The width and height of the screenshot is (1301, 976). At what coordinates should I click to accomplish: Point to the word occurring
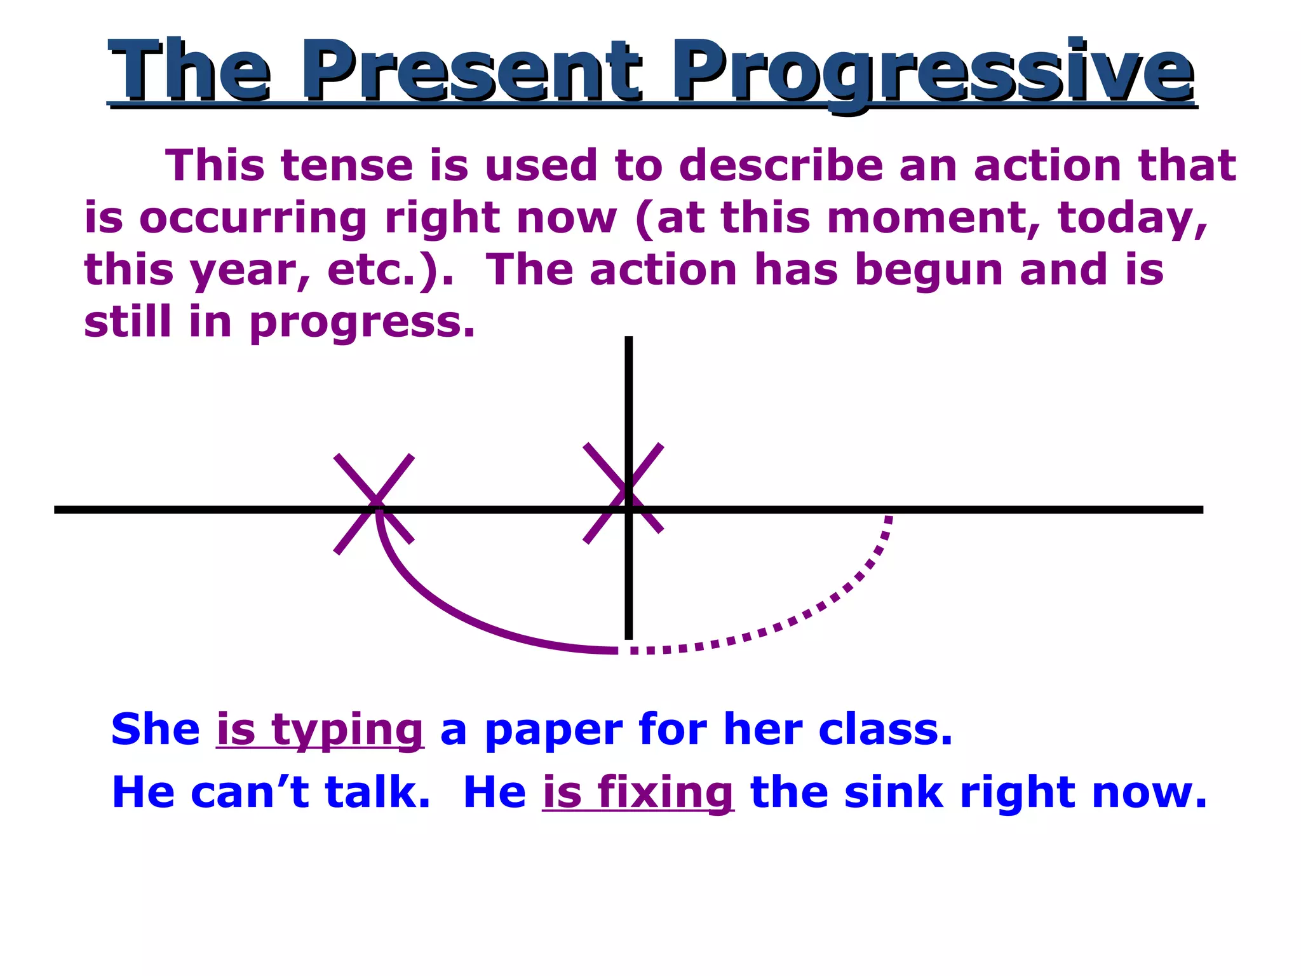coord(253,218)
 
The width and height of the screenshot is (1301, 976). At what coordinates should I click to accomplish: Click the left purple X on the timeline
coord(374,504)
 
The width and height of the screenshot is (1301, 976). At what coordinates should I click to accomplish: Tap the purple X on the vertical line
coord(623,493)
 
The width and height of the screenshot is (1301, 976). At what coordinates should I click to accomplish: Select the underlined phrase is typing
coord(320,730)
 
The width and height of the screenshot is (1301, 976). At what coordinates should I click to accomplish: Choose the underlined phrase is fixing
coord(638,793)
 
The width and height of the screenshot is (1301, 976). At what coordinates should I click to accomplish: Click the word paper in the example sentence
coord(553,731)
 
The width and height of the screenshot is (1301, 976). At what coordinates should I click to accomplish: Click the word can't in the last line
coord(250,792)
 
